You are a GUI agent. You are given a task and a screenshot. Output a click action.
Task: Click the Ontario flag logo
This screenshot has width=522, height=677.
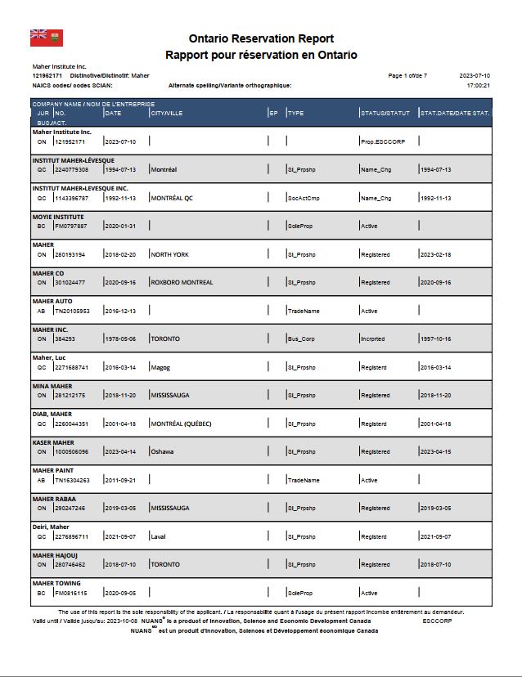pyautogui.click(x=47, y=38)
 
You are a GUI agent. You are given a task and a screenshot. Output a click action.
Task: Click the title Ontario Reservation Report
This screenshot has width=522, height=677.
pyautogui.click(x=261, y=38)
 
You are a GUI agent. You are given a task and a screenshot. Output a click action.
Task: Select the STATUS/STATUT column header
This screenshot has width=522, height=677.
pyautogui.click(x=385, y=113)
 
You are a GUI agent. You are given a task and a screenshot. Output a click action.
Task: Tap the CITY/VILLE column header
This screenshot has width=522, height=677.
pyautogui.click(x=166, y=113)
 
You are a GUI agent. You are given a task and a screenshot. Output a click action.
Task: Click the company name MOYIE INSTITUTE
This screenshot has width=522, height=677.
pyautogui.click(x=58, y=217)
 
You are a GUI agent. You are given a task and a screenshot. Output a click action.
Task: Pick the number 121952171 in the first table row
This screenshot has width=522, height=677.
pyautogui.click(x=70, y=141)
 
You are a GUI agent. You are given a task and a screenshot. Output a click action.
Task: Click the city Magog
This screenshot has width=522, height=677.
pyautogui.click(x=160, y=367)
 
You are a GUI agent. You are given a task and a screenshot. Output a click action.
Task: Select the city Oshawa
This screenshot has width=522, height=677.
pyautogui.click(x=162, y=451)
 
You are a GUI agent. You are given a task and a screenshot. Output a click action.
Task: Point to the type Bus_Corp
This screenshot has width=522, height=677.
pyautogui.click(x=302, y=338)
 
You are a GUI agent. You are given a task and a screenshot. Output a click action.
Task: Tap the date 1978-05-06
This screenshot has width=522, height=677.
pyautogui.click(x=119, y=338)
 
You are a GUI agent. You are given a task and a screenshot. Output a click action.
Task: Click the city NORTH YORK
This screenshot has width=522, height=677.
pyautogui.click(x=169, y=254)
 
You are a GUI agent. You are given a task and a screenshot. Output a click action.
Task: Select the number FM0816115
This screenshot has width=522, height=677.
pyautogui.click(x=70, y=593)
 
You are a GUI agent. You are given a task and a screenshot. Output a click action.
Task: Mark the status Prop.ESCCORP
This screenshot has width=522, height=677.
pyautogui.click(x=382, y=141)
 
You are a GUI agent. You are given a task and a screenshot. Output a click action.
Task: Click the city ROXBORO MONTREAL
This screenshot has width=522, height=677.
pyautogui.click(x=181, y=282)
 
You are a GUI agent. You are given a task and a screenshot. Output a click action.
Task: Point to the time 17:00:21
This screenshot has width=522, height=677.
pyautogui.click(x=478, y=85)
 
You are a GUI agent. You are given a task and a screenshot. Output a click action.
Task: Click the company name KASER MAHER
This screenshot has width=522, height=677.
pyautogui.click(x=53, y=442)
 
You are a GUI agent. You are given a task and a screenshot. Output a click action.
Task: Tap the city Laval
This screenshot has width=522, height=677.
pyautogui.click(x=158, y=536)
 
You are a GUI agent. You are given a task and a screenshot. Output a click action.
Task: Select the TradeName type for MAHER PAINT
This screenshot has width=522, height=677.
pyautogui.click(x=303, y=480)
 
